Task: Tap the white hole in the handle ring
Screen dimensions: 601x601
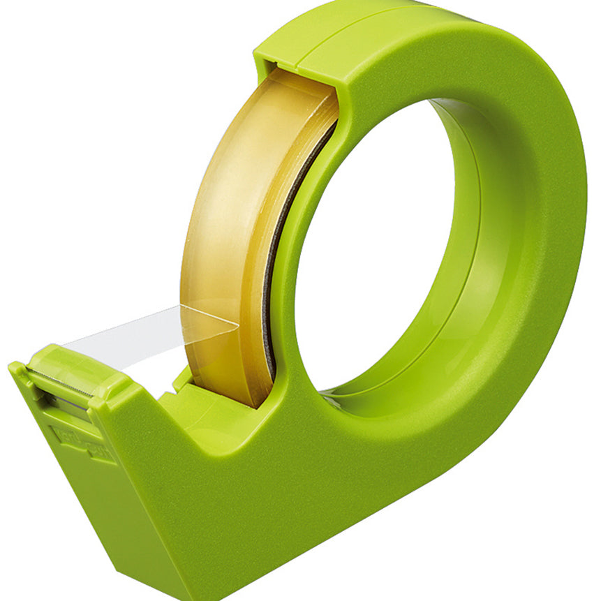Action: pyautogui.click(x=370, y=244)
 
